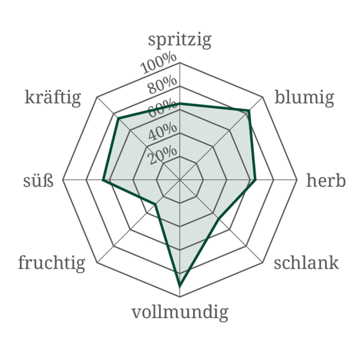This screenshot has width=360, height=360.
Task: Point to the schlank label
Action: (x=306, y=263)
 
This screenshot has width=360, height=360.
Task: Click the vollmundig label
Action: (x=180, y=312)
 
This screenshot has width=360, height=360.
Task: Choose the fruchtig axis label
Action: (x=52, y=263)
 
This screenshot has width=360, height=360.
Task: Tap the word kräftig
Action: (x=53, y=98)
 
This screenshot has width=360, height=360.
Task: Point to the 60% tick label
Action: (x=163, y=109)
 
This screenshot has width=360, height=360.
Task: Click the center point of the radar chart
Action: (x=180, y=180)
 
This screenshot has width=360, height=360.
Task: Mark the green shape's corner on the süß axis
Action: (x=103, y=180)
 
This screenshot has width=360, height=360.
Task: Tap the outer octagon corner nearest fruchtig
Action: (x=97, y=263)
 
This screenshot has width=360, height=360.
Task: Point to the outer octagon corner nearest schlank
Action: (x=263, y=263)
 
